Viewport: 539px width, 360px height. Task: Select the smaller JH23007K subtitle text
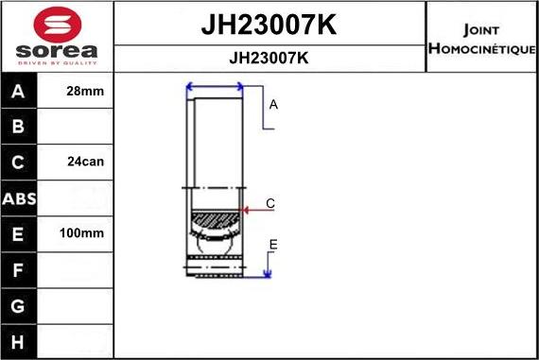pyautogui.click(x=269, y=58)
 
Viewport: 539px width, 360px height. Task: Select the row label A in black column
pyautogui.click(x=20, y=92)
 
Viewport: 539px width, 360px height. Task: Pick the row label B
pyautogui.click(x=20, y=127)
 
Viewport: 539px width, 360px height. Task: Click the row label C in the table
pyautogui.click(x=20, y=162)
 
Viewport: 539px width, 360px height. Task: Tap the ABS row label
pyautogui.click(x=20, y=198)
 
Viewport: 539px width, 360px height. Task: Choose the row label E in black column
pyautogui.click(x=20, y=233)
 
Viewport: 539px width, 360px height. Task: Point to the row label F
pyautogui.click(x=20, y=270)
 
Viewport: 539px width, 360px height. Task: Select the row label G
pyautogui.click(x=20, y=305)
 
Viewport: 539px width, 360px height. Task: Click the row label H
pyautogui.click(x=20, y=340)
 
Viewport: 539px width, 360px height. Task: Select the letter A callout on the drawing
pyautogui.click(x=273, y=105)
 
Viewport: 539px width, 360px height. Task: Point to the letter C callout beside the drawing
pyautogui.click(x=270, y=203)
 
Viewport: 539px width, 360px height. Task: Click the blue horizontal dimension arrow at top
pyautogui.click(x=216, y=87)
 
